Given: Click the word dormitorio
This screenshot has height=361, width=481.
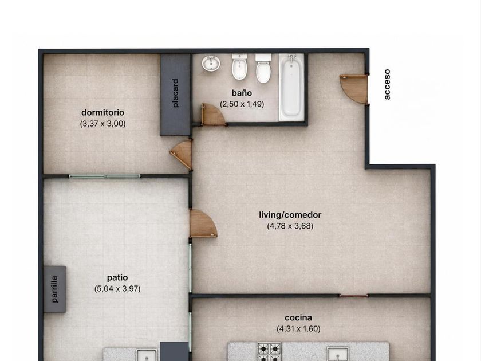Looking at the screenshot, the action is click(x=102, y=113).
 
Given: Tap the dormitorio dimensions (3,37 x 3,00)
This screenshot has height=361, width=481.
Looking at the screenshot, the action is click(x=102, y=124).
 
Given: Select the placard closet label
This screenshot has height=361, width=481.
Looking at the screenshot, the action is click(x=175, y=93).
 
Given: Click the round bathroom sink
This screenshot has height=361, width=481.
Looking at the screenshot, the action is click(x=211, y=63).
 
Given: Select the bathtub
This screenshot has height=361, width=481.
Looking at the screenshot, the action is click(x=291, y=87).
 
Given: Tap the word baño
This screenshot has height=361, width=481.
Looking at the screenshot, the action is click(x=242, y=93).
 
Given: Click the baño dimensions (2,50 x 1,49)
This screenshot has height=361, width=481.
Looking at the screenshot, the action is click(x=242, y=104).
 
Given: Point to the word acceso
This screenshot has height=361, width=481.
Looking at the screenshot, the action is click(x=387, y=84).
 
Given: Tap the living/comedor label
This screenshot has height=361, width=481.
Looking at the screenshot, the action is click(x=290, y=215).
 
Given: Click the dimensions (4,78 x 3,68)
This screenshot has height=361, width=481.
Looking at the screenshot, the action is click(x=290, y=226).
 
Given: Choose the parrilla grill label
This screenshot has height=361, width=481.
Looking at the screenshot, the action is click(x=54, y=289).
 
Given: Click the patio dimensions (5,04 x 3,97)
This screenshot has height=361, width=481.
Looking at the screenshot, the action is click(x=117, y=289).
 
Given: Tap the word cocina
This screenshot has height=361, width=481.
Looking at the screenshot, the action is click(x=298, y=317).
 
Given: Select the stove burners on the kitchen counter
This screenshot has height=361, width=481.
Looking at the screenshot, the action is click(x=269, y=352).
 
